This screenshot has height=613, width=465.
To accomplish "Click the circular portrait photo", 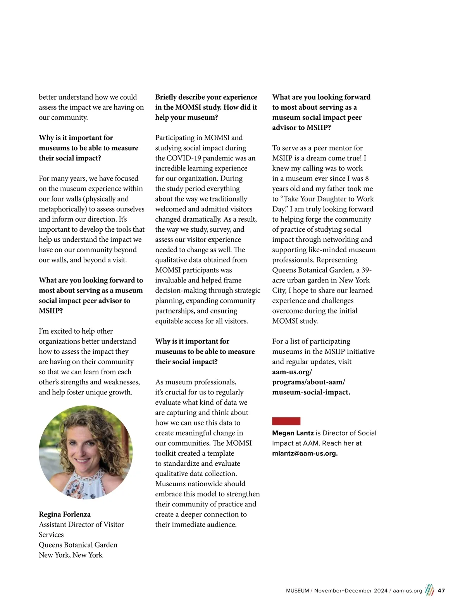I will pos(86,452).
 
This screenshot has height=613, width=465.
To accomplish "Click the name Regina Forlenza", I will pos(65,514).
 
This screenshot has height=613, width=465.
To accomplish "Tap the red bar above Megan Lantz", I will pos(286,421).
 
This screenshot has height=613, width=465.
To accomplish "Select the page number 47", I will pos(441,591).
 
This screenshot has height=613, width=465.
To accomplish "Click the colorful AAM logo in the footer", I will pos(429,590).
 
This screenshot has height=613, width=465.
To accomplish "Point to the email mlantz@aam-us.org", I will pos(305,453).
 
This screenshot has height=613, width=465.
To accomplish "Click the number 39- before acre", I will pos(367,270).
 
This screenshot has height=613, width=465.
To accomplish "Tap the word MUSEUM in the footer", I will pos(297,591).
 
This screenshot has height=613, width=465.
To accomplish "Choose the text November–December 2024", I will pos(351,591).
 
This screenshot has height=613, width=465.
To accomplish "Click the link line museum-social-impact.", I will pos(311,392).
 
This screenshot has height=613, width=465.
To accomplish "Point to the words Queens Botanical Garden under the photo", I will pos(78,545).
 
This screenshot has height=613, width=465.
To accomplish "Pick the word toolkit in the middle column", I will pos(167,453).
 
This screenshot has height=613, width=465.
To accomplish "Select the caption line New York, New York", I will pos(71,555).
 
